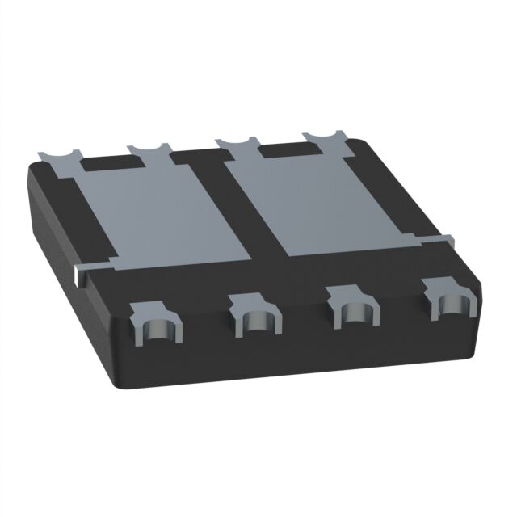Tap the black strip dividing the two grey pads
coord(242,210)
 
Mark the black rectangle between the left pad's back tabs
coord(112,161)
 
